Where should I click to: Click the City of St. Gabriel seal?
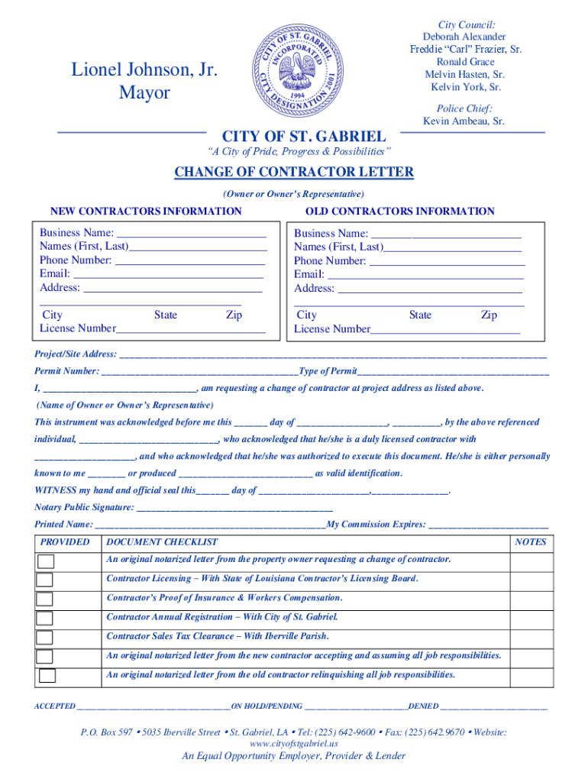tap(294, 67)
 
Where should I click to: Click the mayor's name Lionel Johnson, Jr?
tap(144, 70)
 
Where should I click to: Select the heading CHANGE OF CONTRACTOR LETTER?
tap(294, 172)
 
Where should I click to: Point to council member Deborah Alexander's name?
tap(464, 37)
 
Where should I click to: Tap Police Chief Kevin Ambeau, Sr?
tap(464, 121)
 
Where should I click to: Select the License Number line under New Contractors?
tap(191, 329)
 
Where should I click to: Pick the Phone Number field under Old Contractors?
tap(447, 261)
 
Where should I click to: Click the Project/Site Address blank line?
tap(333, 355)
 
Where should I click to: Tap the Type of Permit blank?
tap(453, 372)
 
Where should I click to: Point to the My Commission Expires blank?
tap(489, 525)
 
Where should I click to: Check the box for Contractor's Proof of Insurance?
tap(45, 599)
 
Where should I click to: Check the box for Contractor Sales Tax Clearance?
tap(45, 637)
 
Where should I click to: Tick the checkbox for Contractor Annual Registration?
tap(45, 618)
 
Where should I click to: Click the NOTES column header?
tap(531, 542)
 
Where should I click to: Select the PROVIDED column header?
tap(65, 542)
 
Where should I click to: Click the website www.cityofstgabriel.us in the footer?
tap(294, 743)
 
